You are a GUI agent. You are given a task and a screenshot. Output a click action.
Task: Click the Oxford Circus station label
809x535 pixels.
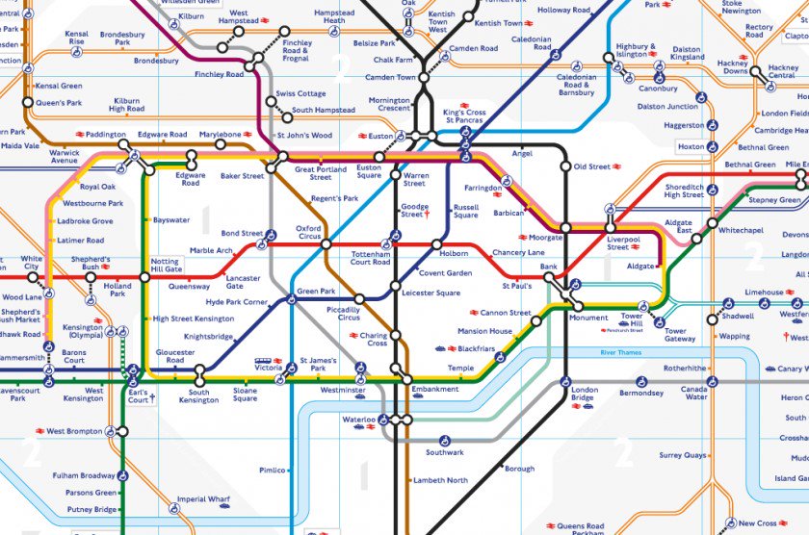307,233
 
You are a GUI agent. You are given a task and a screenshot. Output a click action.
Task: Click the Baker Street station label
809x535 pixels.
242,176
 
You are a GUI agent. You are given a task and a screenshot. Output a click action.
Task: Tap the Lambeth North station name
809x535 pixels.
440,479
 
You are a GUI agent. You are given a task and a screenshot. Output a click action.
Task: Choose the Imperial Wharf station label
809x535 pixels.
204,499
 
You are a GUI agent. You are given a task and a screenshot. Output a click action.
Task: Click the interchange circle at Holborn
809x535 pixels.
436,244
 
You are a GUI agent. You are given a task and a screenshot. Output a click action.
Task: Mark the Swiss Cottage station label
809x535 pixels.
300,93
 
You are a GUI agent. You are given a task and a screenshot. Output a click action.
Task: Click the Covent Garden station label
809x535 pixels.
445,273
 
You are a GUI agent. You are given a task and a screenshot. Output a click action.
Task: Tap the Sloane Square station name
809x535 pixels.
245,395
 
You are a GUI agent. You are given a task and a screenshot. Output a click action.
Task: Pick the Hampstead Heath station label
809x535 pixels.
334,16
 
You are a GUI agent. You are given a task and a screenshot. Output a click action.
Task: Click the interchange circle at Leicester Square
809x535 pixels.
395,285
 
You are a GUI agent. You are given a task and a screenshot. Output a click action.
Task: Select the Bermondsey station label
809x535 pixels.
642,393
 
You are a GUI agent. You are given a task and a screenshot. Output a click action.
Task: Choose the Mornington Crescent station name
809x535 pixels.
389,104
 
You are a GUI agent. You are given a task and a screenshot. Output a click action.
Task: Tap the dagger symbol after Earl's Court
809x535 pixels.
151,397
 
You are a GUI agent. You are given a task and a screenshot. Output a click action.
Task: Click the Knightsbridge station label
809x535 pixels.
209,337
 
